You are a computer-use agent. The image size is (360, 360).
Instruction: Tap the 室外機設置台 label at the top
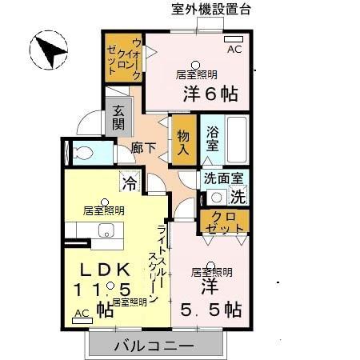tap(211, 10)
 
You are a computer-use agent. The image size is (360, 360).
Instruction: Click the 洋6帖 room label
tap(210, 92)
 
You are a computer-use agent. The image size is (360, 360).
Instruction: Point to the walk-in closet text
tap(125, 58)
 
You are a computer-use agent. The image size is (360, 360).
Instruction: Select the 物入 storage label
tap(183, 143)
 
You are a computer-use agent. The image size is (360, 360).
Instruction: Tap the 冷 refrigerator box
tap(129, 182)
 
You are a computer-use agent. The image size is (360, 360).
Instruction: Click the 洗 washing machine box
tap(238, 194)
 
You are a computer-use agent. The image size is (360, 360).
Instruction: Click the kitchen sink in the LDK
tap(106, 231)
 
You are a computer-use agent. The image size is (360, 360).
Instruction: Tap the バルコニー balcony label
tap(153, 346)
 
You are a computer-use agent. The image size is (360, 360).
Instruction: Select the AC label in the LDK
tap(82, 314)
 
